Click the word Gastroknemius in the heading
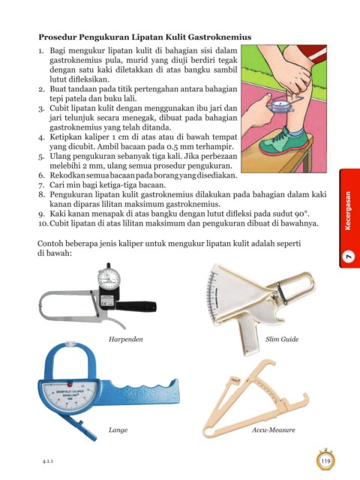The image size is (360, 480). [x=220, y=37]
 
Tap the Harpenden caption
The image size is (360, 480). [x=125, y=339]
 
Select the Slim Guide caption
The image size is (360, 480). [x=282, y=339]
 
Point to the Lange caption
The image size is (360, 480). [x=118, y=430]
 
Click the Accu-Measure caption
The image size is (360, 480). [x=273, y=430]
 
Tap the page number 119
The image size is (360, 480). [x=325, y=460]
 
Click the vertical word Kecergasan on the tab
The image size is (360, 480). [x=347, y=211]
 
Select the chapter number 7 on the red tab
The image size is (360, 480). [x=348, y=256]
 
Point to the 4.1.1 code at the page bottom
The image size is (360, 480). [x=48, y=461]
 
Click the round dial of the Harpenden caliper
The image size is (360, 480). [x=109, y=278]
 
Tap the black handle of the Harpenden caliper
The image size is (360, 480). [x=136, y=306]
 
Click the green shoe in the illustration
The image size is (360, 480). [x=283, y=142]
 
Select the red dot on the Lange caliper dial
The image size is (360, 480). [x=70, y=384]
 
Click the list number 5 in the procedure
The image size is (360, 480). [x=42, y=157]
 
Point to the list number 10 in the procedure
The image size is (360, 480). [x=43, y=223]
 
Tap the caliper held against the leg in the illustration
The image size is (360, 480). [x=280, y=105]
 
